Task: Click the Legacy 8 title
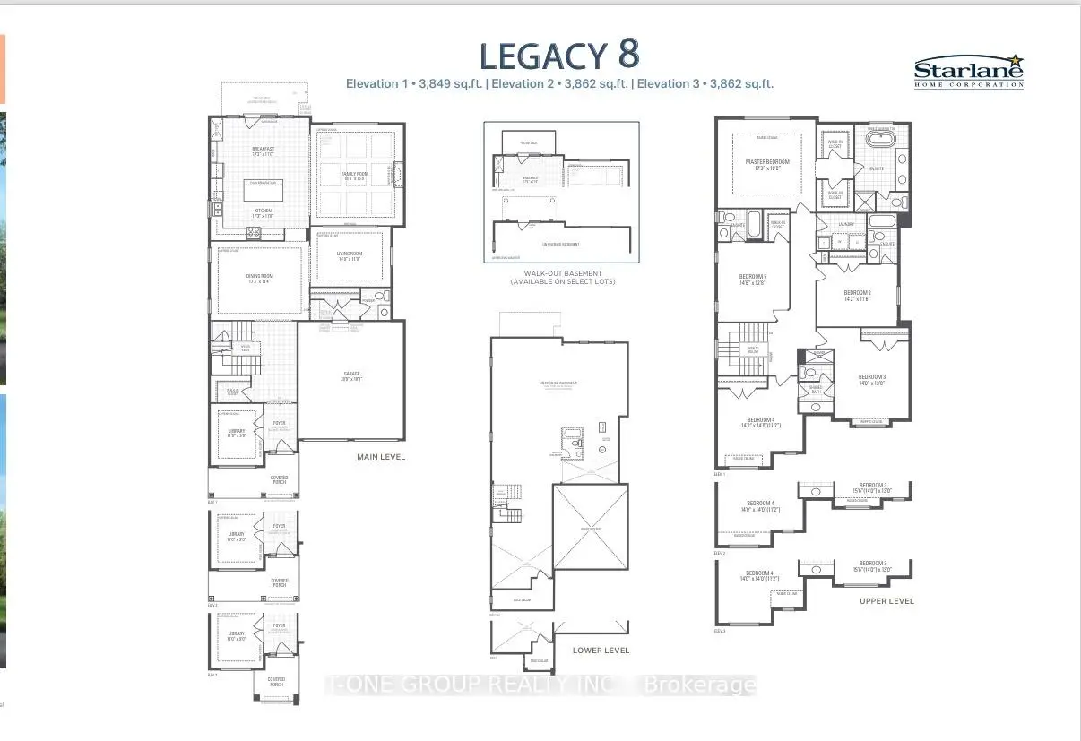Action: tap(559, 55)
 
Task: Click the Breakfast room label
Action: tap(263, 151)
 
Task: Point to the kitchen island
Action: tap(264, 189)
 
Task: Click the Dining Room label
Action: tap(260, 279)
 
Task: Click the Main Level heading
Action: tap(381, 457)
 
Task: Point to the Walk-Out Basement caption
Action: tap(562, 277)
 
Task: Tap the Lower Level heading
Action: tap(601, 650)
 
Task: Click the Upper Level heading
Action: tap(886, 600)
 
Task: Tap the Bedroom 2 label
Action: tap(857, 295)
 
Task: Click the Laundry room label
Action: tap(847, 226)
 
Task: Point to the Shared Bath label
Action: tap(815, 389)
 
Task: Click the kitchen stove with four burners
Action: tap(254, 233)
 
